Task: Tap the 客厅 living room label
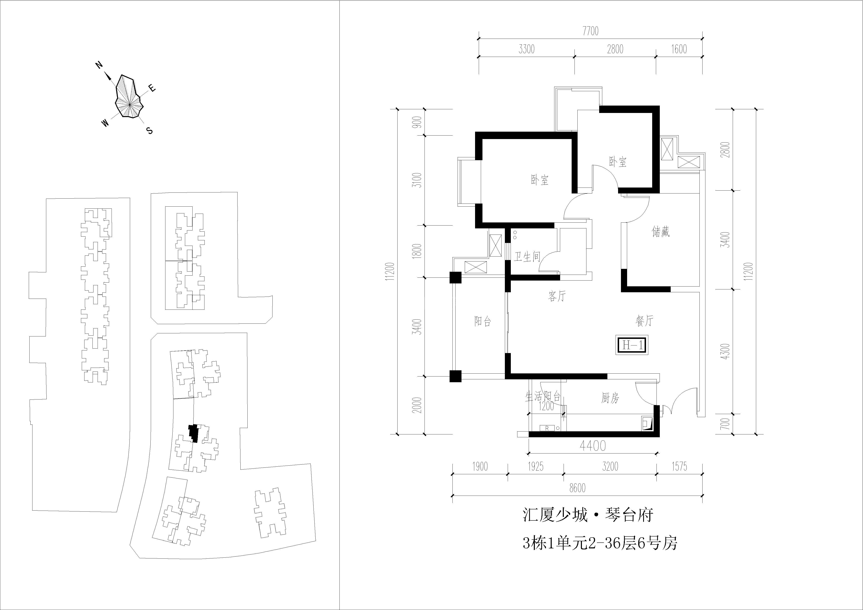click(x=557, y=296)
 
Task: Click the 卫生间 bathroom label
click(x=527, y=257)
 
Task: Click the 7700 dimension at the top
click(x=591, y=31)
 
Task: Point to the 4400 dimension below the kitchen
click(x=593, y=446)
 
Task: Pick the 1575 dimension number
click(x=679, y=466)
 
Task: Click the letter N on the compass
click(x=99, y=65)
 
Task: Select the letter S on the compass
click(x=150, y=131)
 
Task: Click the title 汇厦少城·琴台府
click(x=588, y=515)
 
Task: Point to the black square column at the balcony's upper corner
click(x=455, y=277)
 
